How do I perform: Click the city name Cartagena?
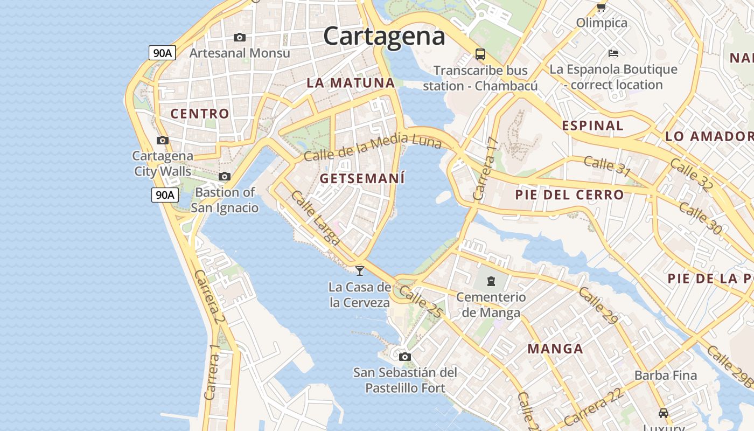click(384, 36)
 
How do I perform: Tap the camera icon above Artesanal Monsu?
click(240, 37)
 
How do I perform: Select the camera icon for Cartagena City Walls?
click(162, 140)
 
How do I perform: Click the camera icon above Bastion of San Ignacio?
click(225, 176)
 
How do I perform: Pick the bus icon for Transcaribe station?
click(480, 54)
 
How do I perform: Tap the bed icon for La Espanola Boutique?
click(613, 53)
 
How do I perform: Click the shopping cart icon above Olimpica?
click(601, 7)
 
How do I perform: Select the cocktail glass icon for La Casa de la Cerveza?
click(360, 270)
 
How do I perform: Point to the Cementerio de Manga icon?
click(491, 281)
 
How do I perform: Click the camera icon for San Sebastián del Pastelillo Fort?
click(404, 357)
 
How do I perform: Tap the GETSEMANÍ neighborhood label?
click(362, 178)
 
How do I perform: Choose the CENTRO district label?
click(200, 114)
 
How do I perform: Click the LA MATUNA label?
click(351, 83)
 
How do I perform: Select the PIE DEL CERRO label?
click(569, 194)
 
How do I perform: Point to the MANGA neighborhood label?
click(555, 349)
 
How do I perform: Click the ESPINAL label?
click(592, 126)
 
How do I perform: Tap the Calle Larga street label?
click(315, 218)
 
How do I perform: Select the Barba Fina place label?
click(666, 375)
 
